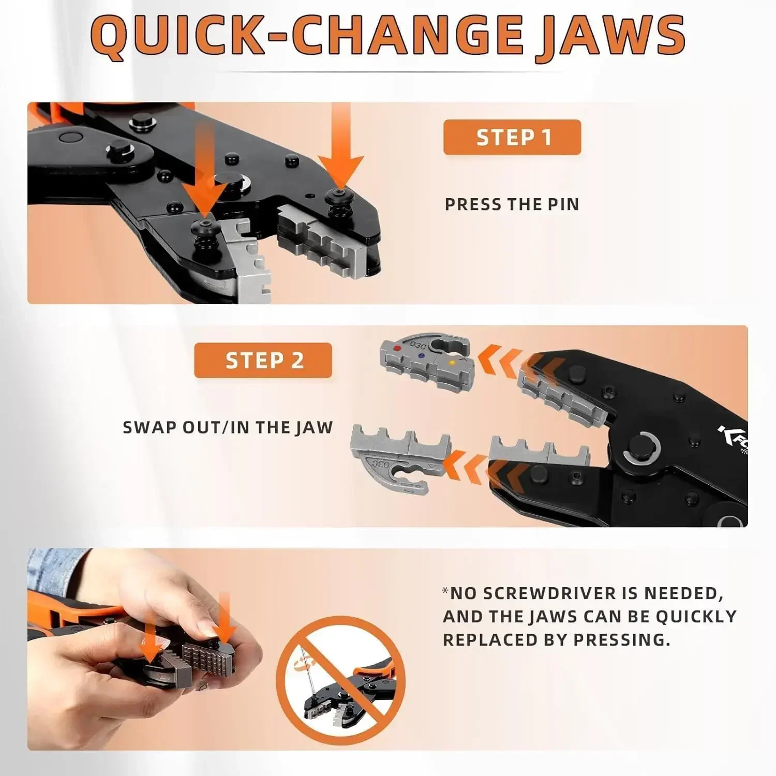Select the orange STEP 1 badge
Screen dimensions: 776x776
pos(512,137)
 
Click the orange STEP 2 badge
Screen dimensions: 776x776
pos(263,360)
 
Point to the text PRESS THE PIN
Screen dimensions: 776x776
pos(512,204)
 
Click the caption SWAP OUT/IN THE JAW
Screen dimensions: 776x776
pos(228,427)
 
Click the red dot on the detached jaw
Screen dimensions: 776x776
pos(397,348)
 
